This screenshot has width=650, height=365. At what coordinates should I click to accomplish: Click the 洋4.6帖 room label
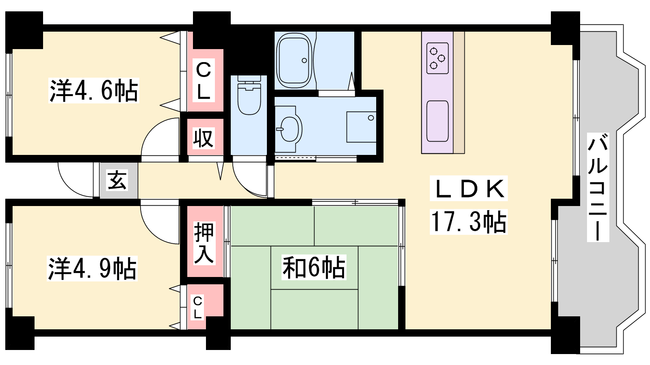[94, 90]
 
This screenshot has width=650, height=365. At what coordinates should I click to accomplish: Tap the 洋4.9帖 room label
[92, 268]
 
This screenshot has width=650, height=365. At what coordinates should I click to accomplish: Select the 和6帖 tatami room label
[314, 267]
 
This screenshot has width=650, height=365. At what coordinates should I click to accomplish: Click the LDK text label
[469, 188]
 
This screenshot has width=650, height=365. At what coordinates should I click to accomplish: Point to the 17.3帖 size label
[469, 222]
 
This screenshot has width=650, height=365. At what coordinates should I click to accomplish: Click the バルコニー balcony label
[598, 187]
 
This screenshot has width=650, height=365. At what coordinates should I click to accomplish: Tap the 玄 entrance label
[117, 180]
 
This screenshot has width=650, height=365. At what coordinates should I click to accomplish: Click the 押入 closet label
[204, 243]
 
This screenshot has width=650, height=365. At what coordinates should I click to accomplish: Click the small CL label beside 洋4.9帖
[197, 307]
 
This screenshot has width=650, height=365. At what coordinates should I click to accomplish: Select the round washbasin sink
[289, 129]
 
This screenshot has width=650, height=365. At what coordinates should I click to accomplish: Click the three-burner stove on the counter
[438, 58]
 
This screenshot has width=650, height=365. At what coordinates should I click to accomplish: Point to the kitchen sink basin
[438, 121]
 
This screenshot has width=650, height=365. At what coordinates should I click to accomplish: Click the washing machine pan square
[361, 127]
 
